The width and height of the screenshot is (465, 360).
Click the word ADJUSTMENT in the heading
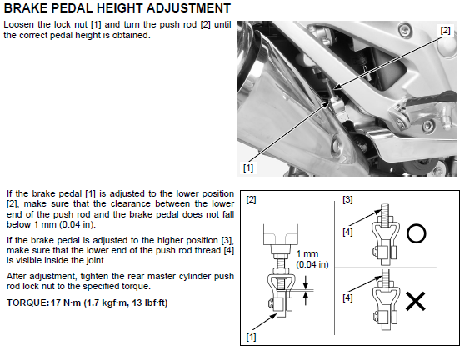tap(188, 8)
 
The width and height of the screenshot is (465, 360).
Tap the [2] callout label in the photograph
tap(445, 30)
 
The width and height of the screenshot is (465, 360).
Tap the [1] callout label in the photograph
tap(248, 167)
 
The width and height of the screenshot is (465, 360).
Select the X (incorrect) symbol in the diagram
tap(416, 301)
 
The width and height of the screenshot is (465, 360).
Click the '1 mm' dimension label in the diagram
tap(307, 253)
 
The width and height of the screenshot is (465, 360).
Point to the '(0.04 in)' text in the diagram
tap(312, 264)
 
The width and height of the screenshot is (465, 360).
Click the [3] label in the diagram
tap(347, 199)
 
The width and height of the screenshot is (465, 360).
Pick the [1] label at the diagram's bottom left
tap(251, 337)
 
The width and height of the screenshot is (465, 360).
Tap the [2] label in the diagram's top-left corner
tap(251, 199)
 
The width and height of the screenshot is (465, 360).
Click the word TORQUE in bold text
tap(27, 302)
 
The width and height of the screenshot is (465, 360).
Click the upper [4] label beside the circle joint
tap(347, 232)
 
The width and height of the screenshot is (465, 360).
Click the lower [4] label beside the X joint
tap(347, 297)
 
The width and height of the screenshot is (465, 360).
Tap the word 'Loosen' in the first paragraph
tap(18, 24)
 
